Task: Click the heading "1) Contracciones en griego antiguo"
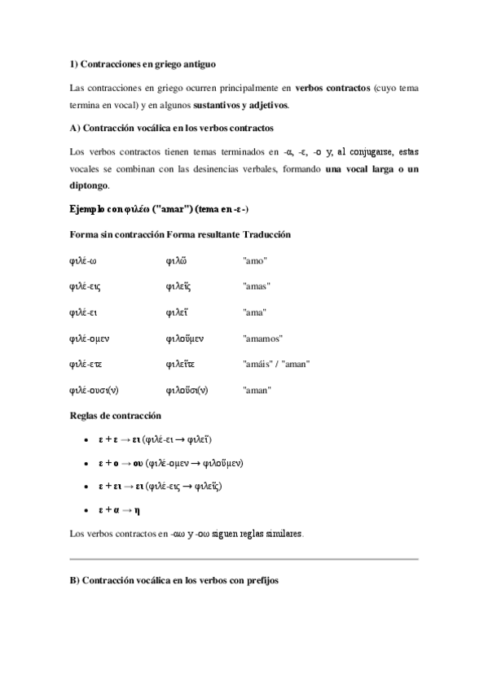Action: coord(143,63)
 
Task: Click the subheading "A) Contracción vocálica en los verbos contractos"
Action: coord(172,129)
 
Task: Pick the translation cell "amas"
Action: coord(257,286)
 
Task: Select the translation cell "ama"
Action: coord(255,312)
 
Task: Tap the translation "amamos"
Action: coord(262,338)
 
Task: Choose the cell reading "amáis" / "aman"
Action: coord(276,364)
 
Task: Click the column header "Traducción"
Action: coord(267,234)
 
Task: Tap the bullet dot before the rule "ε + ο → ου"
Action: coord(87,463)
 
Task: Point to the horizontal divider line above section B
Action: coord(244,560)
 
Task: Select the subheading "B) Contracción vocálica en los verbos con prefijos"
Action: coord(174,583)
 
